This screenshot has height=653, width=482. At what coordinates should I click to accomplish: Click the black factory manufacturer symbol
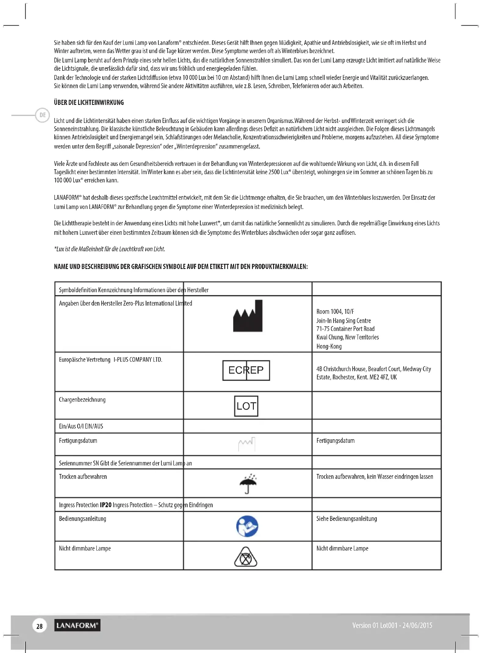248,316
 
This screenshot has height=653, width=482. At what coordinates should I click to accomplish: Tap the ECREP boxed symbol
246,370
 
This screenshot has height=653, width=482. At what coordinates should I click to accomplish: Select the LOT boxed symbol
246,406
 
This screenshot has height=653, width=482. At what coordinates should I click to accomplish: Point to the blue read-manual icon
247,526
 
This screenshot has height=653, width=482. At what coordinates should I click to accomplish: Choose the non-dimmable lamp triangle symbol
246,557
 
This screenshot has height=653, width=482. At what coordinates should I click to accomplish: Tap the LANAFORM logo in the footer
77,626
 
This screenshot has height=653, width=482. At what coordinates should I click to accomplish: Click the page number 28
39,626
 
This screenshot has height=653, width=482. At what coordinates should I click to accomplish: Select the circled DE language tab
43,115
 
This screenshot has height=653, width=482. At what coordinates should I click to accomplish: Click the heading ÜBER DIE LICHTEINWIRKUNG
89,102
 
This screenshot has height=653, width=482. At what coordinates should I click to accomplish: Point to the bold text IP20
106,505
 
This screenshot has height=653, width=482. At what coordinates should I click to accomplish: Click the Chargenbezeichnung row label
82,400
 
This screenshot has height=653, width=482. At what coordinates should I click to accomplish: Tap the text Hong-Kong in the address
329,346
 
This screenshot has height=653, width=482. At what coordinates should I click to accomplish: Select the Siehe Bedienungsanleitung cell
347,519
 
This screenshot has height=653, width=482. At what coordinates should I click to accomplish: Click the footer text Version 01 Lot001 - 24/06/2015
392,626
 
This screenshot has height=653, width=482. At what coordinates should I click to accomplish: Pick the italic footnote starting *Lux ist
110,249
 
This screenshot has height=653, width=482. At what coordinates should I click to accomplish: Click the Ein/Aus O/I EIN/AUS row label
81,426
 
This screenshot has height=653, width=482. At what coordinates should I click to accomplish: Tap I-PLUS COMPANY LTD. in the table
138,360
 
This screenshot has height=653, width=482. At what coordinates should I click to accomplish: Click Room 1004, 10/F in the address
335,312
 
